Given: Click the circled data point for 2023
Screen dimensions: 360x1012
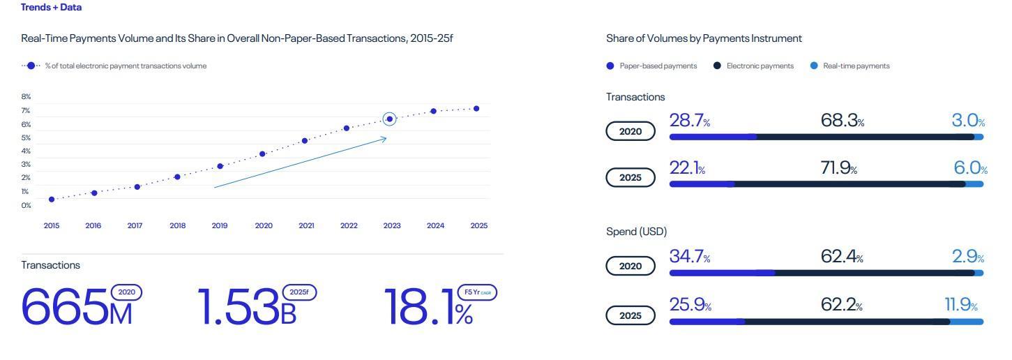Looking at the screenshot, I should (x=389, y=119).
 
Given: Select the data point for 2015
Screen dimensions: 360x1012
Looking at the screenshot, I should (x=52, y=200).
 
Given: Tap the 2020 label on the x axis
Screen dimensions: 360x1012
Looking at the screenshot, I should (x=264, y=226).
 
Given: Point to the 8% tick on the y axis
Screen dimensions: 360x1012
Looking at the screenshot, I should (x=27, y=97).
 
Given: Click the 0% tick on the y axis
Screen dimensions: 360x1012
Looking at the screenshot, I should (x=27, y=205).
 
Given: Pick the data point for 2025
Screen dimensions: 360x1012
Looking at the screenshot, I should (x=476, y=109).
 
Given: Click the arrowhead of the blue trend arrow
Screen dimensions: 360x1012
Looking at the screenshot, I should (x=384, y=139).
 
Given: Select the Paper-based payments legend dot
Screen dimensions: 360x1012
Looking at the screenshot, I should (x=610, y=66).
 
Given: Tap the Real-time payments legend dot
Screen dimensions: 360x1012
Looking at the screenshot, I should (x=814, y=66).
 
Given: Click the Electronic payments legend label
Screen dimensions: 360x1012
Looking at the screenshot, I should (x=760, y=66).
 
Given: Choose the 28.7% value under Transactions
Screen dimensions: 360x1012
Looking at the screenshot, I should (x=689, y=121).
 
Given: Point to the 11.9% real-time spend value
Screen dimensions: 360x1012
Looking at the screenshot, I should (x=960, y=305).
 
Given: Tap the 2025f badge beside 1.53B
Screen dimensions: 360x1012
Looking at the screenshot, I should (x=299, y=292).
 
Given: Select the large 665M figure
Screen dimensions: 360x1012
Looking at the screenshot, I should (x=77, y=308).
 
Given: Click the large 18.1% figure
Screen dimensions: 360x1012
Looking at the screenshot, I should (x=428, y=308).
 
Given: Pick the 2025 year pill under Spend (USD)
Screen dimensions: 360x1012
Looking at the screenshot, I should (x=630, y=315).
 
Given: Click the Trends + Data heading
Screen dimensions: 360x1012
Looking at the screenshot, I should (x=51, y=8).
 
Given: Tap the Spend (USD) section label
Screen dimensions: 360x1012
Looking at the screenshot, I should (x=636, y=232).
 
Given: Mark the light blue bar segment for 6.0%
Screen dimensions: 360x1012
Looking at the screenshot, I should (x=974, y=184).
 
